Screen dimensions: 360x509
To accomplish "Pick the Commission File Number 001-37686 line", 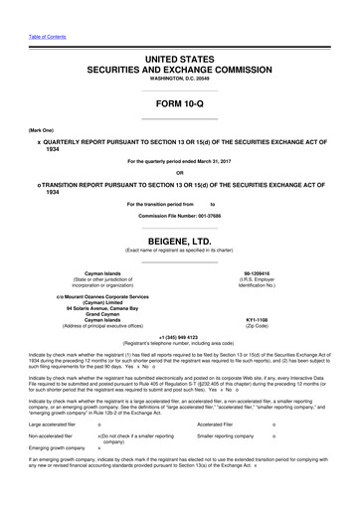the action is (179, 216).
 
